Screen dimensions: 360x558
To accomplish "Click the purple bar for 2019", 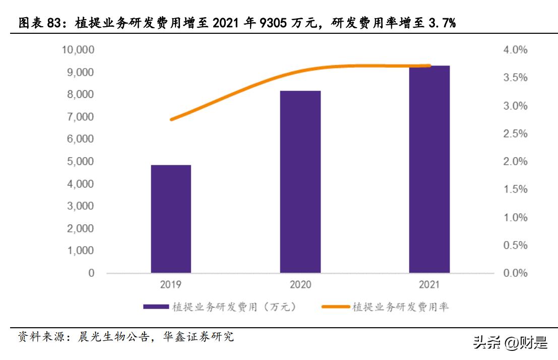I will click(x=171, y=219).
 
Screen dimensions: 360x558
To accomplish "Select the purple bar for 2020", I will click(x=300, y=182).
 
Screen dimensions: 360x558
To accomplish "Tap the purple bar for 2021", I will click(x=429, y=169).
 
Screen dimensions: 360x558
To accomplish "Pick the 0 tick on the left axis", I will click(x=91, y=273).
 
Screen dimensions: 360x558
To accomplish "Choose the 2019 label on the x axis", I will click(x=171, y=285).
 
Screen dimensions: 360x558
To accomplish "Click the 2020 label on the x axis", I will click(x=300, y=285).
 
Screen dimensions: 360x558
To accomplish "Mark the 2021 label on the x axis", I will click(x=429, y=285).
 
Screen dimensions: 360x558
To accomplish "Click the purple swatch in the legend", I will click(x=156, y=306).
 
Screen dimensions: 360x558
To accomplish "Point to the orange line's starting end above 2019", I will click(x=172, y=119).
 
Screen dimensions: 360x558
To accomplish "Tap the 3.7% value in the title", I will click(x=440, y=23).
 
